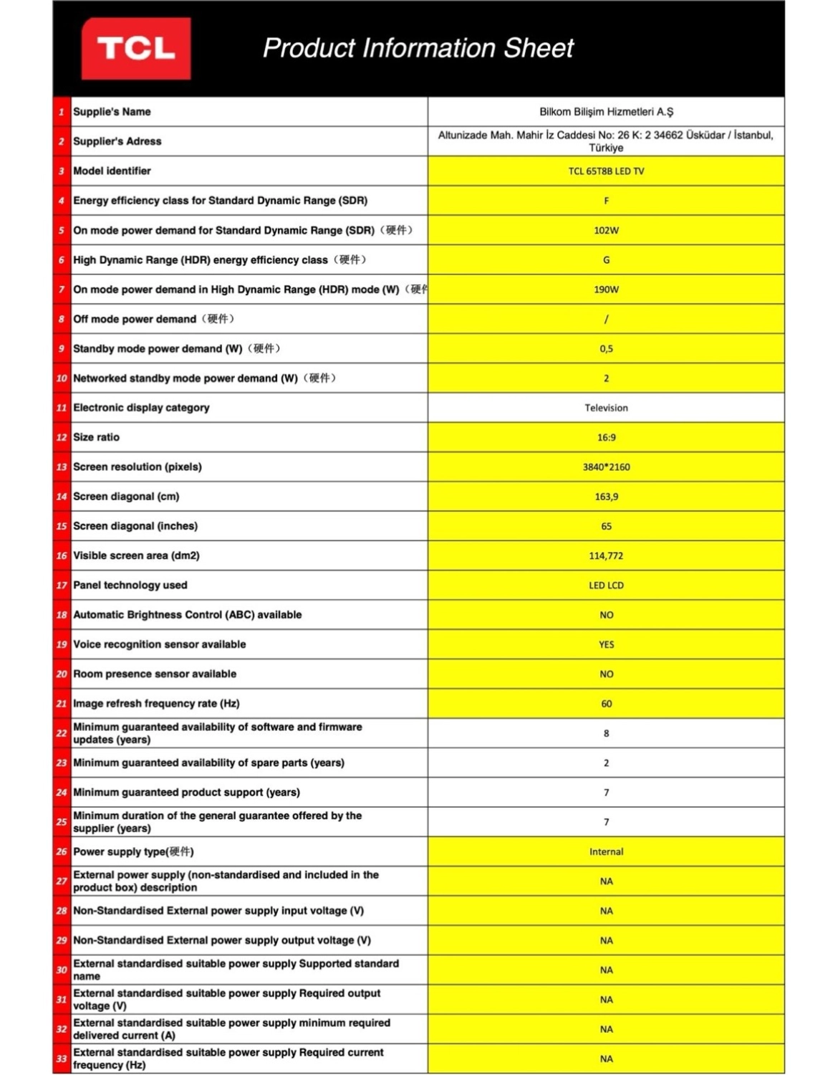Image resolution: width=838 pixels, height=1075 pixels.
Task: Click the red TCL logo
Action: [136, 49]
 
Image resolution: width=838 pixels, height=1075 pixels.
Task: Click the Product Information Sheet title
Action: [418, 48]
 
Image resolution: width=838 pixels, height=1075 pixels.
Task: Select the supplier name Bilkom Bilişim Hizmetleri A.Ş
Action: [606, 112]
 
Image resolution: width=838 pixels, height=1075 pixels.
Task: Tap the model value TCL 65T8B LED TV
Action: [606, 171]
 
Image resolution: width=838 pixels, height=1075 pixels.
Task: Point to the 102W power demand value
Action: [606, 230]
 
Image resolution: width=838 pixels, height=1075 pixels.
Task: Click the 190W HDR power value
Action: [606, 290]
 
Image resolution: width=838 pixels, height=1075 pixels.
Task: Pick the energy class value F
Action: [606, 201]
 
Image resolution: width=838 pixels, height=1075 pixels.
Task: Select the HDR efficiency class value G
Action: [606, 260]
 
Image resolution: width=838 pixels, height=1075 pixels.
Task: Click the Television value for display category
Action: [606, 408]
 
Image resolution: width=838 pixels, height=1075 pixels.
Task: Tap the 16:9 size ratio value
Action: [606, 437]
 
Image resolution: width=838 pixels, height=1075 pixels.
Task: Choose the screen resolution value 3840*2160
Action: [606, 467]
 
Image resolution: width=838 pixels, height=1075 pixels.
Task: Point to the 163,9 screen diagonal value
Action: [606, 497]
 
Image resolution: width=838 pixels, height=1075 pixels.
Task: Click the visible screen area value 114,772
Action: [606, 555]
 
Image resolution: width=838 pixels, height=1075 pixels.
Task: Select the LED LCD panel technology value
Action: [606, 586]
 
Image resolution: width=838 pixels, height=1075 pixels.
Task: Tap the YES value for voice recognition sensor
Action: [606, 644]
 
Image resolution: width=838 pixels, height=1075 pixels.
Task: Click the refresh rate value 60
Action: [606, 704]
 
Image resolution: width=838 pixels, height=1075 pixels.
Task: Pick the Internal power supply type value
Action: [606, 851]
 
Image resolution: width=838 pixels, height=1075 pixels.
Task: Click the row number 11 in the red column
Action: [62, 408]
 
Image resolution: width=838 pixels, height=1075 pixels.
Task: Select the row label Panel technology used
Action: [130, 586]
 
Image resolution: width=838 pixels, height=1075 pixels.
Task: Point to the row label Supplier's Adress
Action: [117, 141]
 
